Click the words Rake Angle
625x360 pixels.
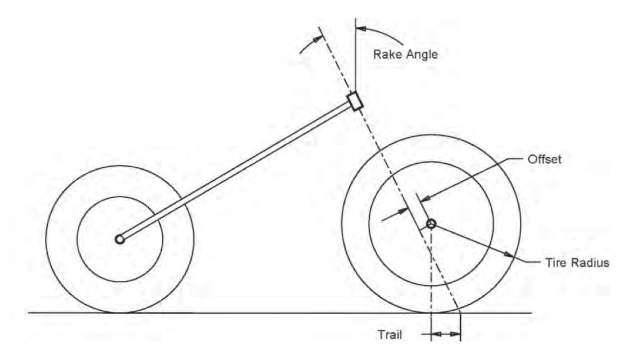coord(406,54)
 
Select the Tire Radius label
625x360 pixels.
coord(574,262)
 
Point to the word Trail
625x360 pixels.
coord(390,334)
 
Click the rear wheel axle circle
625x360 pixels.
coord(119,240)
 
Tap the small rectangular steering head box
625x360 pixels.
coord(355,101)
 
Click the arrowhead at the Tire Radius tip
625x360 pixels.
coord(509,255)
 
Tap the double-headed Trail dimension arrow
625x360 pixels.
coord(446,334)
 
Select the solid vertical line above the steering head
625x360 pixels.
coord(355,55)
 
